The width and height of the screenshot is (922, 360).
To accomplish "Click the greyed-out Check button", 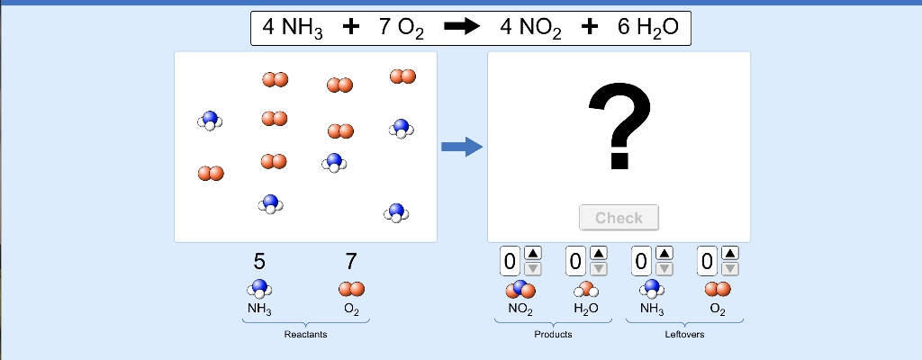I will [x=619, y=218].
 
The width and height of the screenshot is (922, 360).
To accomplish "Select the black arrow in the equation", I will [x=462, y=28].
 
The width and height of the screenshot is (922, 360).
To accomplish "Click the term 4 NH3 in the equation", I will [x=292, y=29].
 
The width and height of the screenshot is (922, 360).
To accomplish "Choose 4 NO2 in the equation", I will [x=530, y=29].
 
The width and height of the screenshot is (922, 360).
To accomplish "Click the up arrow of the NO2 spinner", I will [x=533, y=254].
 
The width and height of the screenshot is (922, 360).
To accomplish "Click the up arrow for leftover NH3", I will [x=664, y=254].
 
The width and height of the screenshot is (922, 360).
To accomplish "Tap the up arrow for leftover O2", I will [x=730, y=254].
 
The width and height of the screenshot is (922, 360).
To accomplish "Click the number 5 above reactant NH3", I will [x=259, y=262].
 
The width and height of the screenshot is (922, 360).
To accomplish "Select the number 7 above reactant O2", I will [x=351, y=262].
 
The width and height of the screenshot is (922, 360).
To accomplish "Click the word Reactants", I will [x=305, y=335].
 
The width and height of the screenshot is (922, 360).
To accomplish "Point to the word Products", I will [x=552, y=335].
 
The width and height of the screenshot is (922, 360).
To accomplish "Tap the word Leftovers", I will [x=684, y=335].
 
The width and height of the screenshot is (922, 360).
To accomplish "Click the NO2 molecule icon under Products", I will [x=520, y=290].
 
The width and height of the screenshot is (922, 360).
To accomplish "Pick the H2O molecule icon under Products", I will [x=585, y=290].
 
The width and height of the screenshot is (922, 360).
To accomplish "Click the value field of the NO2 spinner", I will [x=511, y=262].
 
